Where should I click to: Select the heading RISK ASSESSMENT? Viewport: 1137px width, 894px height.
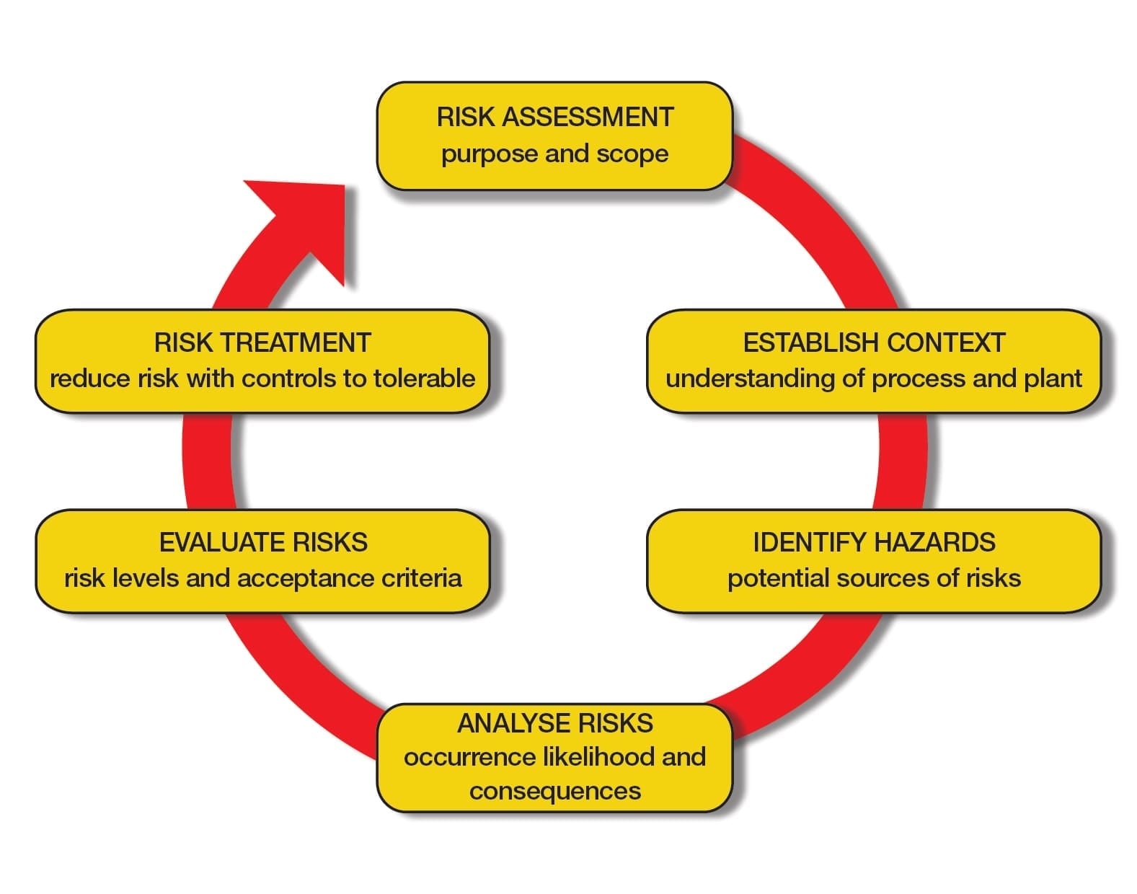(554, 118)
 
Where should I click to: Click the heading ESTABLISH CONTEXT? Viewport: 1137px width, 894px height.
(874, 343)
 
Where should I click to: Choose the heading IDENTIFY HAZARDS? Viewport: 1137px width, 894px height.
(874, 542)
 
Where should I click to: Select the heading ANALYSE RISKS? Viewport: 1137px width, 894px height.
(554, 723)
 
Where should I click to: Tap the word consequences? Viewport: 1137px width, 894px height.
(554, 791)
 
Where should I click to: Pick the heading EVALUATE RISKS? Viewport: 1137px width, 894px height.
(263, 542)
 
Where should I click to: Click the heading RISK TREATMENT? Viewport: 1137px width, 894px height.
(262, 343)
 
